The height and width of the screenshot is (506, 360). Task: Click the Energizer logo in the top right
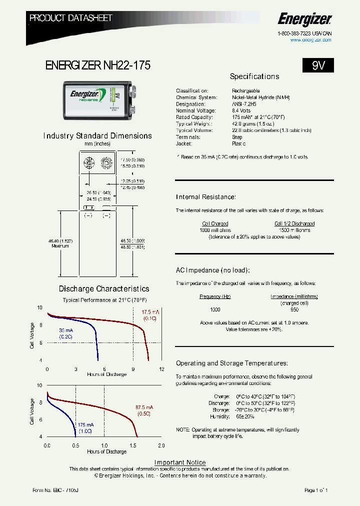click(304, 20)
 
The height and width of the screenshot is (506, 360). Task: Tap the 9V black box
click(318, 65)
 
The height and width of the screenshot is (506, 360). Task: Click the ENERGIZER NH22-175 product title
click(97, 65)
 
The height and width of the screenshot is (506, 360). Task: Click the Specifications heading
click(254, 76)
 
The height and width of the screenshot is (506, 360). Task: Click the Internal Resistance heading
click(205, 197)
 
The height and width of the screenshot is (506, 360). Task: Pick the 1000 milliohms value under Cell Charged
click(215, 230)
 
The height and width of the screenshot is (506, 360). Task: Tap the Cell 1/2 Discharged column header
click(294, 223)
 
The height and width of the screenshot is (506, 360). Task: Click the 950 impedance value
click(294, 309)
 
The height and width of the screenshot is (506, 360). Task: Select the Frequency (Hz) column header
click(215, 296)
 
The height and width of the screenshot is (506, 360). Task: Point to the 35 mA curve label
click(66, 330)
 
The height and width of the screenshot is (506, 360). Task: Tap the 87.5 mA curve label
click(144, 406)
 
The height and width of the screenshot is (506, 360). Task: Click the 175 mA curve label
click(86, 424)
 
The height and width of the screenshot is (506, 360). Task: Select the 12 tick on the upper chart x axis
click(161, 369)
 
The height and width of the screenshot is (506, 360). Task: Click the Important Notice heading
click(180, 462)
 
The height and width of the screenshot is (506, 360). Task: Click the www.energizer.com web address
click(310, 40)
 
